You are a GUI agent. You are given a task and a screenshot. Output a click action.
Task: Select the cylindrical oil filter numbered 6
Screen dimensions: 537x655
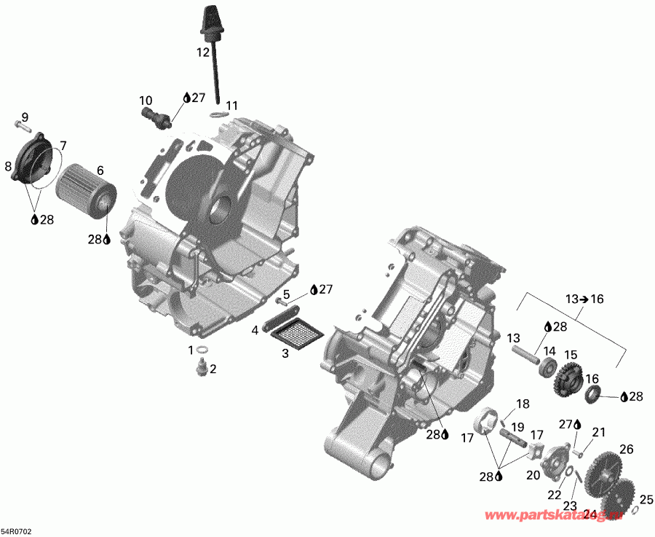tap(85, 189)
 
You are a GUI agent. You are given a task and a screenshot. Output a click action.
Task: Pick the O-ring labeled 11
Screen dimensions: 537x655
tap(219, 114)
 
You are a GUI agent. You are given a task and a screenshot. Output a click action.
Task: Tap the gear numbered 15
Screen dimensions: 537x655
tap(567, 376)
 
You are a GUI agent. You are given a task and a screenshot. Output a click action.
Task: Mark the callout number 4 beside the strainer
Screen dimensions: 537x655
tap(255, 330)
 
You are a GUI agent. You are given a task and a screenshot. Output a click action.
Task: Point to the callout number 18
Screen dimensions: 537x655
tap(523, 404)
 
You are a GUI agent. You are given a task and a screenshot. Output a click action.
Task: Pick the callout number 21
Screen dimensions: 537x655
tap(598, 432)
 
